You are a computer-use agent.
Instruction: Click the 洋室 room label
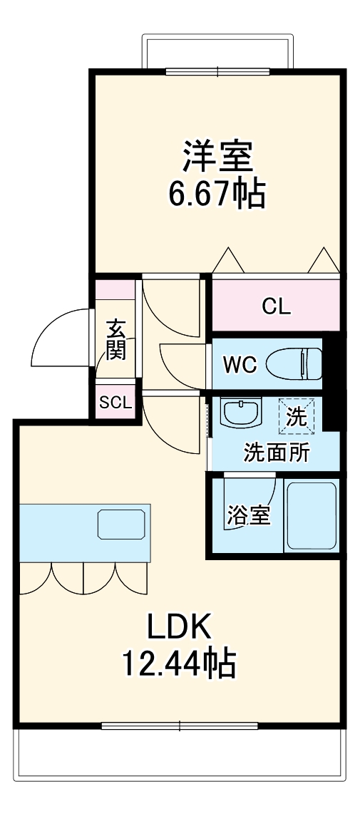pyautogui.click(x=218, y=157)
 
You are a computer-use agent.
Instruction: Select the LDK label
pyautogui.click(x=179, y=627)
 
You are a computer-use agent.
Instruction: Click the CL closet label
pyautogui.click(x=276, y=307)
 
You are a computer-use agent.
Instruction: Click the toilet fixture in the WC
pyautogui.click(x=293, y=363)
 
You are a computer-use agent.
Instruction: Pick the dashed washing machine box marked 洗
pyautogui.click(x=294, y=414)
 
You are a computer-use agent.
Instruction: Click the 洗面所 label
pyautogui.click(x=277, y=453)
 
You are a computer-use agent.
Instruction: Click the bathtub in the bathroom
pyautogui.click(x=310, y=515)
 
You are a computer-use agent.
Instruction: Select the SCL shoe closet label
pyautogui.click(x=115, y=402)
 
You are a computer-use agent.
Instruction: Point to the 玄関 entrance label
pyautogui.click(x=116, y=339)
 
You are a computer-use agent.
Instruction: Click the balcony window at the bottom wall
pyautogui.click(x=179, y=726)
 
